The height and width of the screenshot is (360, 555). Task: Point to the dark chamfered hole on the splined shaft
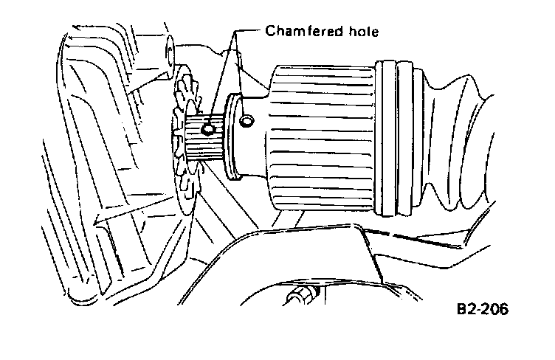209,129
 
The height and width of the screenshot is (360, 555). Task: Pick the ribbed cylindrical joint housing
321,136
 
